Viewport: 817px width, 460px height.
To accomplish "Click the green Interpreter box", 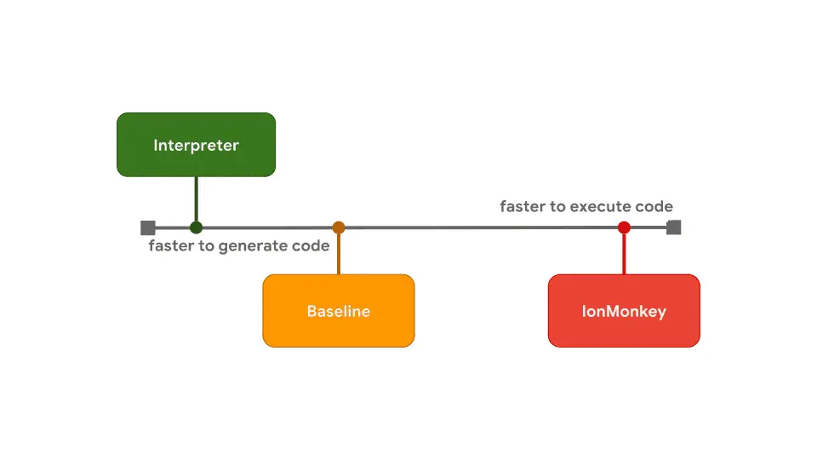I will [x=196, y=145].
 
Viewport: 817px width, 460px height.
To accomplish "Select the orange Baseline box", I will [x=338, y=311].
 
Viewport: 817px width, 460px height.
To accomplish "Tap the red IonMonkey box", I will [x=624, y=311].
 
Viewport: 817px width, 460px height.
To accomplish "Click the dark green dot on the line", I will [x=196, y=227].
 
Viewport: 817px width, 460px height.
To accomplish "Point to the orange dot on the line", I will [x=339, y=227].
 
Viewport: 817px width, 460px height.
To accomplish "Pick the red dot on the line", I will [x=624, y=227].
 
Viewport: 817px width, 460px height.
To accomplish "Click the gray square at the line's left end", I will [x=148, y=227].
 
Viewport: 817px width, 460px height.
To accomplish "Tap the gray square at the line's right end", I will [x=673, y=227].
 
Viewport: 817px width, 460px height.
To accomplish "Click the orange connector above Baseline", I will [x=339, y=254].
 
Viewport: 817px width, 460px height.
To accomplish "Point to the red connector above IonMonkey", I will [x=624, y=254].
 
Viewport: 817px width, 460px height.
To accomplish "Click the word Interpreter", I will [x=196, y=146].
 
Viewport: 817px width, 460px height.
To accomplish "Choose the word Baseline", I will [x=338, y=312].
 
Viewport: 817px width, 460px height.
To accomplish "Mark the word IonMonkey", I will [x=624, y=312].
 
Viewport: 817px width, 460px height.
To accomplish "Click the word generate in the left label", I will [x=252, y=248].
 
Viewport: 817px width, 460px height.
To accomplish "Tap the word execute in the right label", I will [x=600, y=207].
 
